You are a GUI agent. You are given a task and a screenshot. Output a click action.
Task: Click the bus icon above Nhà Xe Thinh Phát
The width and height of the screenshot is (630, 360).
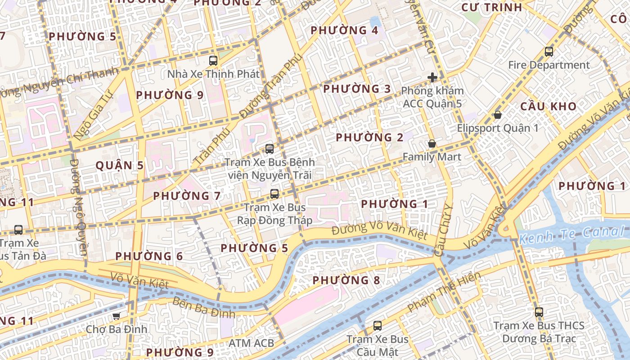pos(213,60)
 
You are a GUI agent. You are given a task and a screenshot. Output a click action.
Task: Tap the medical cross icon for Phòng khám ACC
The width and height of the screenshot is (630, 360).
pos(432,77)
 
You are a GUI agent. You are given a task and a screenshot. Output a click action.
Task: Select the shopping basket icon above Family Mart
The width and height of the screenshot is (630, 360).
pos(432,144)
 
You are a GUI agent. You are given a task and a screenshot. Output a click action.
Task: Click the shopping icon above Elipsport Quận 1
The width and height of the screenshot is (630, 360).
pos(498,115)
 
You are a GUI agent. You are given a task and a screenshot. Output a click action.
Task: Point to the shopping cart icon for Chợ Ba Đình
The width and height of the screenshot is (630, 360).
pos(116,316)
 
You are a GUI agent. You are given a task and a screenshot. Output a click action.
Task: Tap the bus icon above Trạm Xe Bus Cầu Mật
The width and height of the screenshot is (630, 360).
pos(378,325)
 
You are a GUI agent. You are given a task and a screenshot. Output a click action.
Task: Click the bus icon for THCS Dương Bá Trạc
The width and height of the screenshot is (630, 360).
pos(539,312)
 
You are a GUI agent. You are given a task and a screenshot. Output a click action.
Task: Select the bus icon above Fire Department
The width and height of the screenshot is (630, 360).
pos(549,52)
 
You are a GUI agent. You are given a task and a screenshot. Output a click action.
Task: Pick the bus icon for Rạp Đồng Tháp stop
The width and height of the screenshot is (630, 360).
pos(274,194)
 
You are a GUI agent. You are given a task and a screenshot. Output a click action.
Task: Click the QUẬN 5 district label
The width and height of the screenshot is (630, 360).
pos(120,166)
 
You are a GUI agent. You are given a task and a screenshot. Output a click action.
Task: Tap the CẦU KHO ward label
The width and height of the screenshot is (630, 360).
pos(548,107)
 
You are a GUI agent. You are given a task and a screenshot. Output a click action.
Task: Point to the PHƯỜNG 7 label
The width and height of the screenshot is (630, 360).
pos(187,196)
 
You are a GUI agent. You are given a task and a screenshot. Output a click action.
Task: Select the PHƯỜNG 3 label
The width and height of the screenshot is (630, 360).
pos(357,89)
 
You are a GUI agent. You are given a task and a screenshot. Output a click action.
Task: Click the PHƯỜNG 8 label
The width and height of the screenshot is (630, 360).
pos(346,281)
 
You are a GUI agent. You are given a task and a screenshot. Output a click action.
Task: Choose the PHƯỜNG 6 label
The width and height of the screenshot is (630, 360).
pos(149,256)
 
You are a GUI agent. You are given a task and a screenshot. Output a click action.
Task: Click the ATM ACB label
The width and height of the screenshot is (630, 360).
pos(251,343)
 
